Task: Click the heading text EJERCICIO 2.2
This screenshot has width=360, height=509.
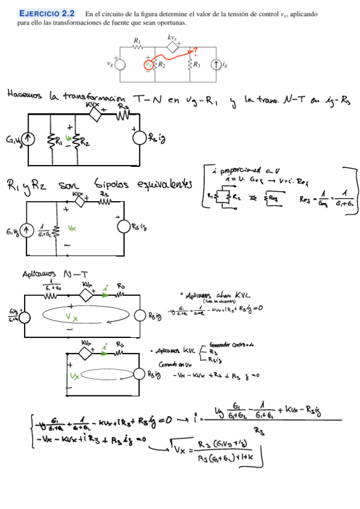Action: point(48,13)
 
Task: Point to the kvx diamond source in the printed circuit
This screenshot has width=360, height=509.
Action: point(172,47)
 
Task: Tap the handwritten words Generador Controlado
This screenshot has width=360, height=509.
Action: point(232,346)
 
